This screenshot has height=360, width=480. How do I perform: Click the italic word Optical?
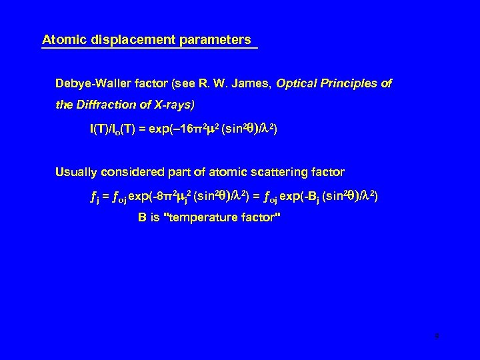(x=299, y=85)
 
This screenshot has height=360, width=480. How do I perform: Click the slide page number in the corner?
(x=436, y=337)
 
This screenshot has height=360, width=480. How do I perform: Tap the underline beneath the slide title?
(x=149, y=48)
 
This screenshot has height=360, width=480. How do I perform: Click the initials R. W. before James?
(x=216, y=85)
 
